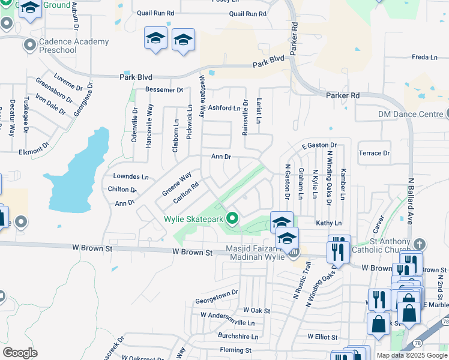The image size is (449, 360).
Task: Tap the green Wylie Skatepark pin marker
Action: click(x=232, y=219)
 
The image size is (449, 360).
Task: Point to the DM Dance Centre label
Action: click(x=410, y=114)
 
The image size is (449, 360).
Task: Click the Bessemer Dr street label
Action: click(x=164, y=90)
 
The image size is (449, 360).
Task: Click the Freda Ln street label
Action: click(x=424, y=57)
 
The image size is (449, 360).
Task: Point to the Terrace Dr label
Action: click(x=374, y=153)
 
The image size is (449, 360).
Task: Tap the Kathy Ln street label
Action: click(x=328, y=223)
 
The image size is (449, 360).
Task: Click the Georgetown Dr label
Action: click(x=217, y=293)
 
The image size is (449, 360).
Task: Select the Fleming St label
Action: click(x=235, y=350)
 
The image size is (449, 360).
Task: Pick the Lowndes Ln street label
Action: click(x=131, y=177)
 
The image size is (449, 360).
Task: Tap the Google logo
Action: click(x=20, y=353)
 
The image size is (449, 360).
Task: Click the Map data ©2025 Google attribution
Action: click(x=411, y=355)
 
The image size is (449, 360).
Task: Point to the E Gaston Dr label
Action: click(x=319, y=145)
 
